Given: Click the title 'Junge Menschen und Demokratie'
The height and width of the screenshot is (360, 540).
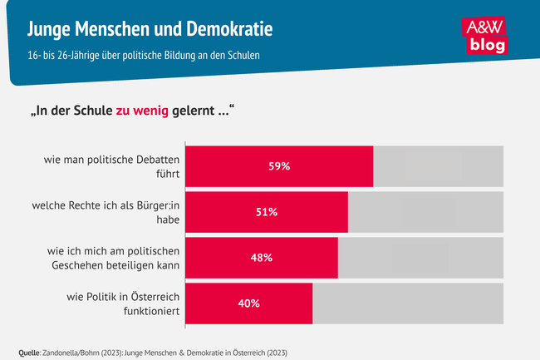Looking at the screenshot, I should (x=149, y=31).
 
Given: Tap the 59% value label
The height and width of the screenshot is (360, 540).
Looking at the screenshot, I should (x=279, y=166).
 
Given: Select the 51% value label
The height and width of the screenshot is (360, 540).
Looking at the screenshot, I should (x=266, y=212).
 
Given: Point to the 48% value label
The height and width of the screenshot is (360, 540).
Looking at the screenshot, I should (x=261, y=258).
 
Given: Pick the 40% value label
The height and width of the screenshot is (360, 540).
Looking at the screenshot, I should (x=248, y=303).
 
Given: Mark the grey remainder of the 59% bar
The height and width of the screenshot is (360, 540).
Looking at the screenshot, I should (x=438, y=166).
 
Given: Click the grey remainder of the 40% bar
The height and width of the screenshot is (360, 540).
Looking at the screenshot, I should (x=408, y=303).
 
